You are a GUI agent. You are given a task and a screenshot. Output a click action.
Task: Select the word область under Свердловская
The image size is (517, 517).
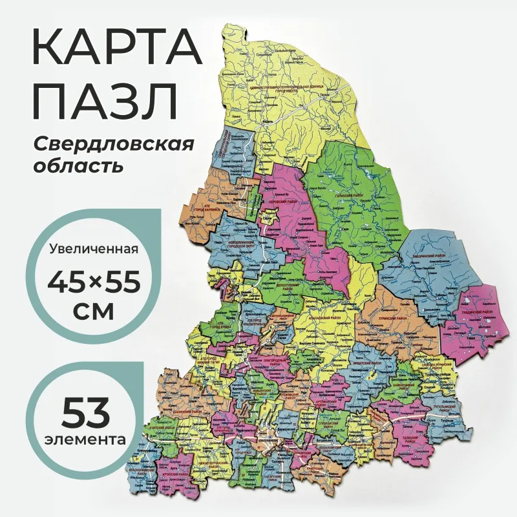click(77, 166)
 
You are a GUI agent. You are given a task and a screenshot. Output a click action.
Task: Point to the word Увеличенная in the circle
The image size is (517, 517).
click(94, 250)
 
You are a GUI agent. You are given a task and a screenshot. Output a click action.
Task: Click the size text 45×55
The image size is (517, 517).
click(94, 282)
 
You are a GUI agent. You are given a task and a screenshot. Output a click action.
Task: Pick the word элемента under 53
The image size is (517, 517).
click(86, 439)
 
